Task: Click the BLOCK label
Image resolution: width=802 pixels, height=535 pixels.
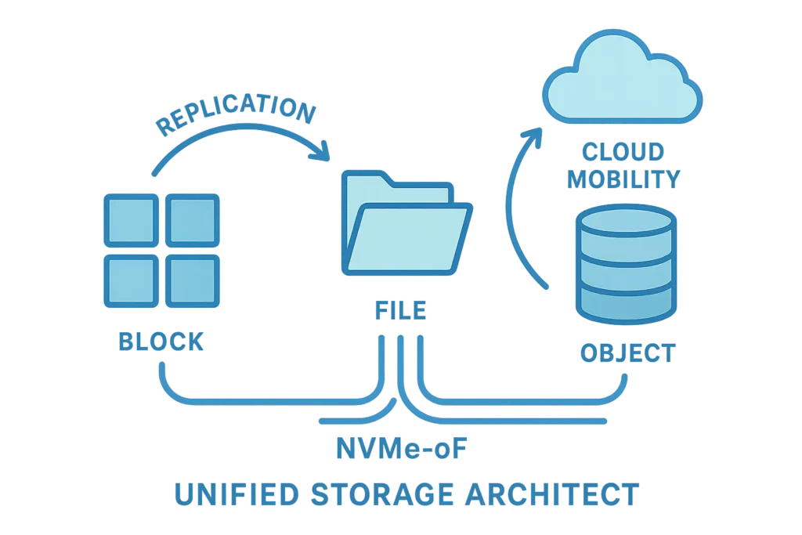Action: pyautogui.click(x=161, y=342)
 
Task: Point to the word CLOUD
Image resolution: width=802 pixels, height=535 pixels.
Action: pyautogui.click(x=623, y=151)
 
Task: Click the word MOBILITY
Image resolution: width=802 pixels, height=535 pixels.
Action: pyautogui.click(x=623, y=179)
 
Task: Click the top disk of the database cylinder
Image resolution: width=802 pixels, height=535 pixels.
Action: pyautogui.click(x=624, y=222)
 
